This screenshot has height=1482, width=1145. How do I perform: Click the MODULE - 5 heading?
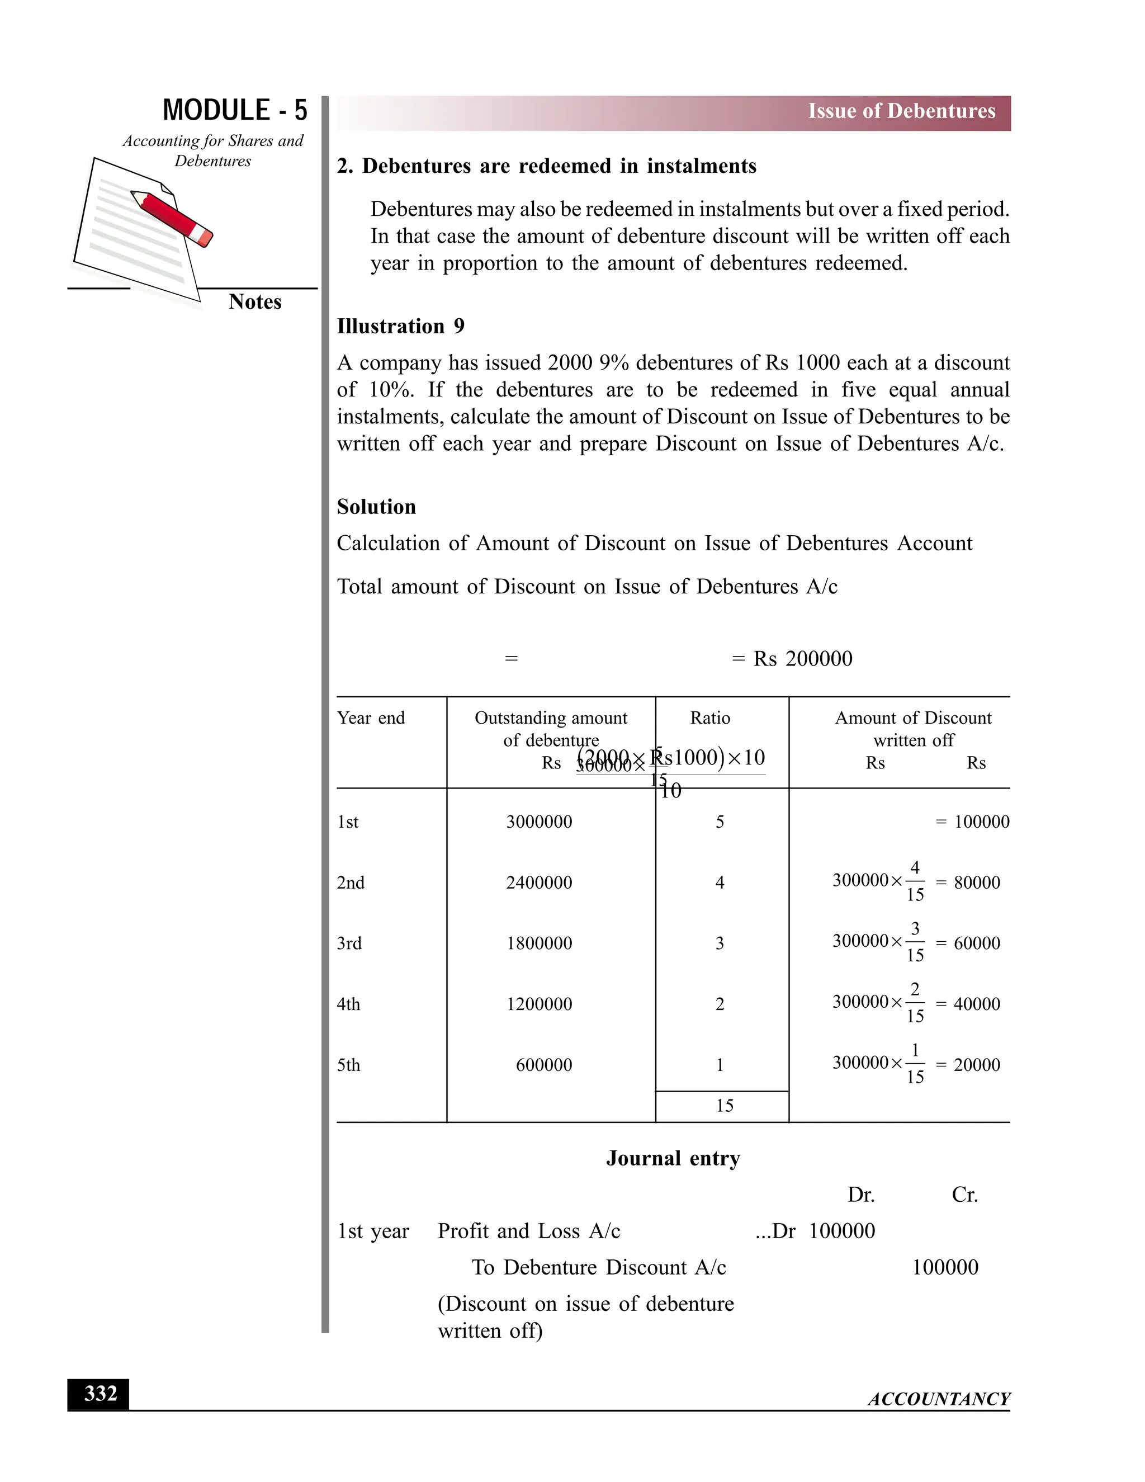235,111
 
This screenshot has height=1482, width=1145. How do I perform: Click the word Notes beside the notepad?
255,302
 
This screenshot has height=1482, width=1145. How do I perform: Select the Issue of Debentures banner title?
901,111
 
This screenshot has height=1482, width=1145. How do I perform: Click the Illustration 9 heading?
400,327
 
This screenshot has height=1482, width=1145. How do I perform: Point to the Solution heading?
376,507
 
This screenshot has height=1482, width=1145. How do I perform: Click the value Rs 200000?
802,659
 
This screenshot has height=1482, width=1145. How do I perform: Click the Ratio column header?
710,718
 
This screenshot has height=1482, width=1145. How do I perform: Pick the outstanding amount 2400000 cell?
540,883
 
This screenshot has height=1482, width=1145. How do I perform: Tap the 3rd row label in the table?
349,943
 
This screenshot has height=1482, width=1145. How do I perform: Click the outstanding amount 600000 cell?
544,1065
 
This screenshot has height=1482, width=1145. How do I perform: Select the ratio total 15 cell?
725,1106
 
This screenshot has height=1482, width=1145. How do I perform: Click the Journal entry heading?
673,1158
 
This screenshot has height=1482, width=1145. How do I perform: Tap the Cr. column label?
964,1195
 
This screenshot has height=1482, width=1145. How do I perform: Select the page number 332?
100,1394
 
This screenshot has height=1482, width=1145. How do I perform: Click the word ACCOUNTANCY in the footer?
939,1399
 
